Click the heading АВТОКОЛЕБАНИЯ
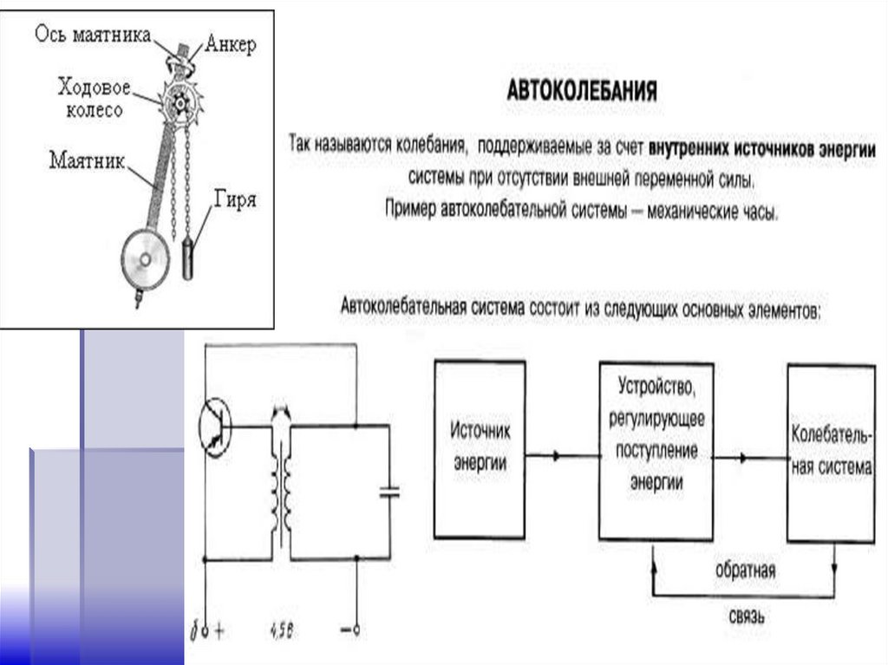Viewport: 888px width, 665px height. (x=581, y=91)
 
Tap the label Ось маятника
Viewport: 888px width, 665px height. (x=93, y=35)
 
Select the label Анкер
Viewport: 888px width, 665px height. (x=232, y=45)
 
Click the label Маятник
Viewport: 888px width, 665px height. (x=86, y=160)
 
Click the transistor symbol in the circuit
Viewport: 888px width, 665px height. (x=215, y=427)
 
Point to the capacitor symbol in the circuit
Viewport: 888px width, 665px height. (x=389, y=492)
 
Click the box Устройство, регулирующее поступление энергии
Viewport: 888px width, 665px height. (x=656, y=450)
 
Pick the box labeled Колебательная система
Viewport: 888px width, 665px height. (x=830, y=453)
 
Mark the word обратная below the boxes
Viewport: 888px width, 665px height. (x=745, y=572)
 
